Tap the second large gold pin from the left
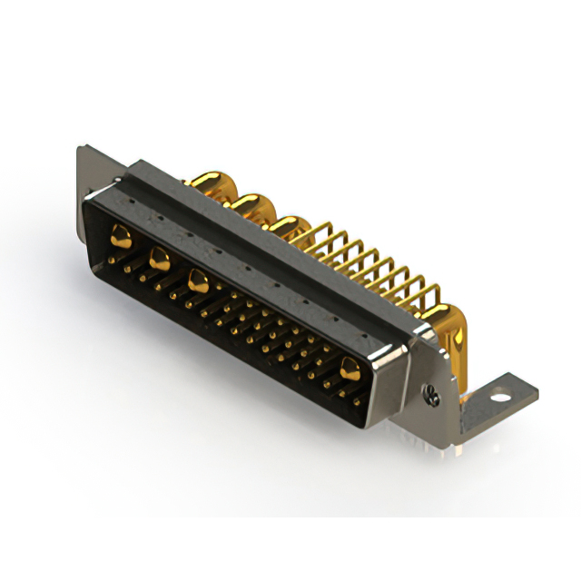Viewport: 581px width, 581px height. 159,259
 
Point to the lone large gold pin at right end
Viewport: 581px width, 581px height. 350,367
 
